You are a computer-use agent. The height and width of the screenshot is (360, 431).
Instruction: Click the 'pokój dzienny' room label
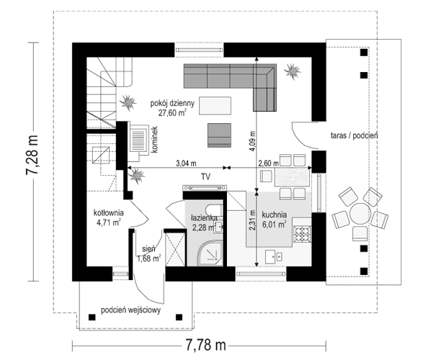(x=167, y=103)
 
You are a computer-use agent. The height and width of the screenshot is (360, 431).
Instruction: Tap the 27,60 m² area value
(x=169, y=113)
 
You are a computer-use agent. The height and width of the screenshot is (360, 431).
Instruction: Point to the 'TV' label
(x=205, y=176)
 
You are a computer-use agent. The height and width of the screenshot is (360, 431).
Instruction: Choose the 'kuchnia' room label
(x=275, y=214)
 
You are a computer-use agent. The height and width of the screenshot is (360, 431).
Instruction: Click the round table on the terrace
(x=357, y=214)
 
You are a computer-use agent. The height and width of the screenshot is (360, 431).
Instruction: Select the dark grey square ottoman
(x=220, y=132)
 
